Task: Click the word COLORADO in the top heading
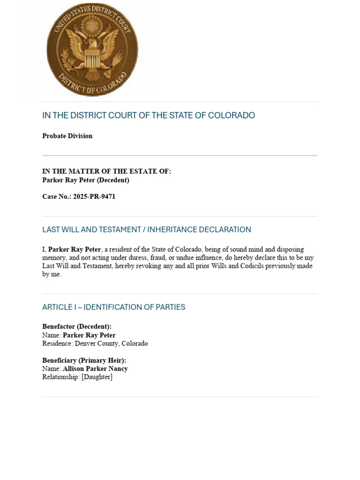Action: pyautogui.click(x=232, y=115)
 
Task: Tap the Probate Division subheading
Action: pyautogui.click(x=67, y=136)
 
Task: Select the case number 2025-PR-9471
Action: pyautogui.click(x=94, y=196)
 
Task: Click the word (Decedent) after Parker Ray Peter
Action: pyautogui.click(x=112, y=180)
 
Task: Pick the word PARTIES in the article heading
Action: pyautogui.click(x=171, y=307)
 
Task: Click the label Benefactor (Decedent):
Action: pyautogui.click(x=77, y=327)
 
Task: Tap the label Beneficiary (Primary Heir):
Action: pyautogui.click(x=84, y=360)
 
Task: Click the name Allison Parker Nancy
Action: pyautogui.click(x=95, y=369)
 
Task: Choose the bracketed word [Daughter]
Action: pyautogui.click(x=97, y=377)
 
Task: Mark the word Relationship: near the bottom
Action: pyautogui.click(x=61, y=377)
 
